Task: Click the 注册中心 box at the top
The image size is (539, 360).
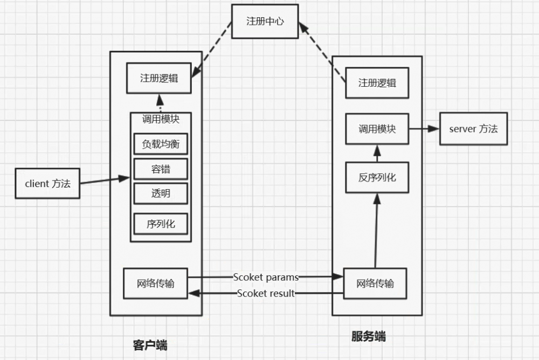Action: pyautogui.click(x=265, y=22)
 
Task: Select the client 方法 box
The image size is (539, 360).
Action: pyautogui.click(x=47, y=183)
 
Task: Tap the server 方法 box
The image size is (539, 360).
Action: pyautogui.click(x=473, y=129)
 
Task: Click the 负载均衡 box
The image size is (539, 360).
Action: pyautogui.click(x=160, y=144)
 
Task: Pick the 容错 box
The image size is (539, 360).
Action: pyautogui.click(x=160, y=169)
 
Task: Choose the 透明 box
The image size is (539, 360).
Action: pyautogui.click(x=160, y=194)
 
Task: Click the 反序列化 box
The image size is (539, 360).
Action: pyautogui.click(x=377, y=177)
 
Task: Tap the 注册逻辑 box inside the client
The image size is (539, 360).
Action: pyautogui.click(x=158, y=78)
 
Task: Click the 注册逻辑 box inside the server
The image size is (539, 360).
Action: pyautogui.click(x=377, y=82)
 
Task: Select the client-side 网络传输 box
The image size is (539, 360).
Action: pyautogui.click(x=156, y=283)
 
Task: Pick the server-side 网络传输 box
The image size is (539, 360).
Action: pyautogui.click(x=375, y=283)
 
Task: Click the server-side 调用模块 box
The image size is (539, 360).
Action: pyautogui.click(x=377, y=129)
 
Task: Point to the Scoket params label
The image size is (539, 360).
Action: pyautogui.click(x=266, y=277)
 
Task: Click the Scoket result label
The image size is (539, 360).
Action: pyautogui.click(x=266, y=294)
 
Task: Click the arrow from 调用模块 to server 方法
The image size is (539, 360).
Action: pyautogui.click(x=424, y=129)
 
